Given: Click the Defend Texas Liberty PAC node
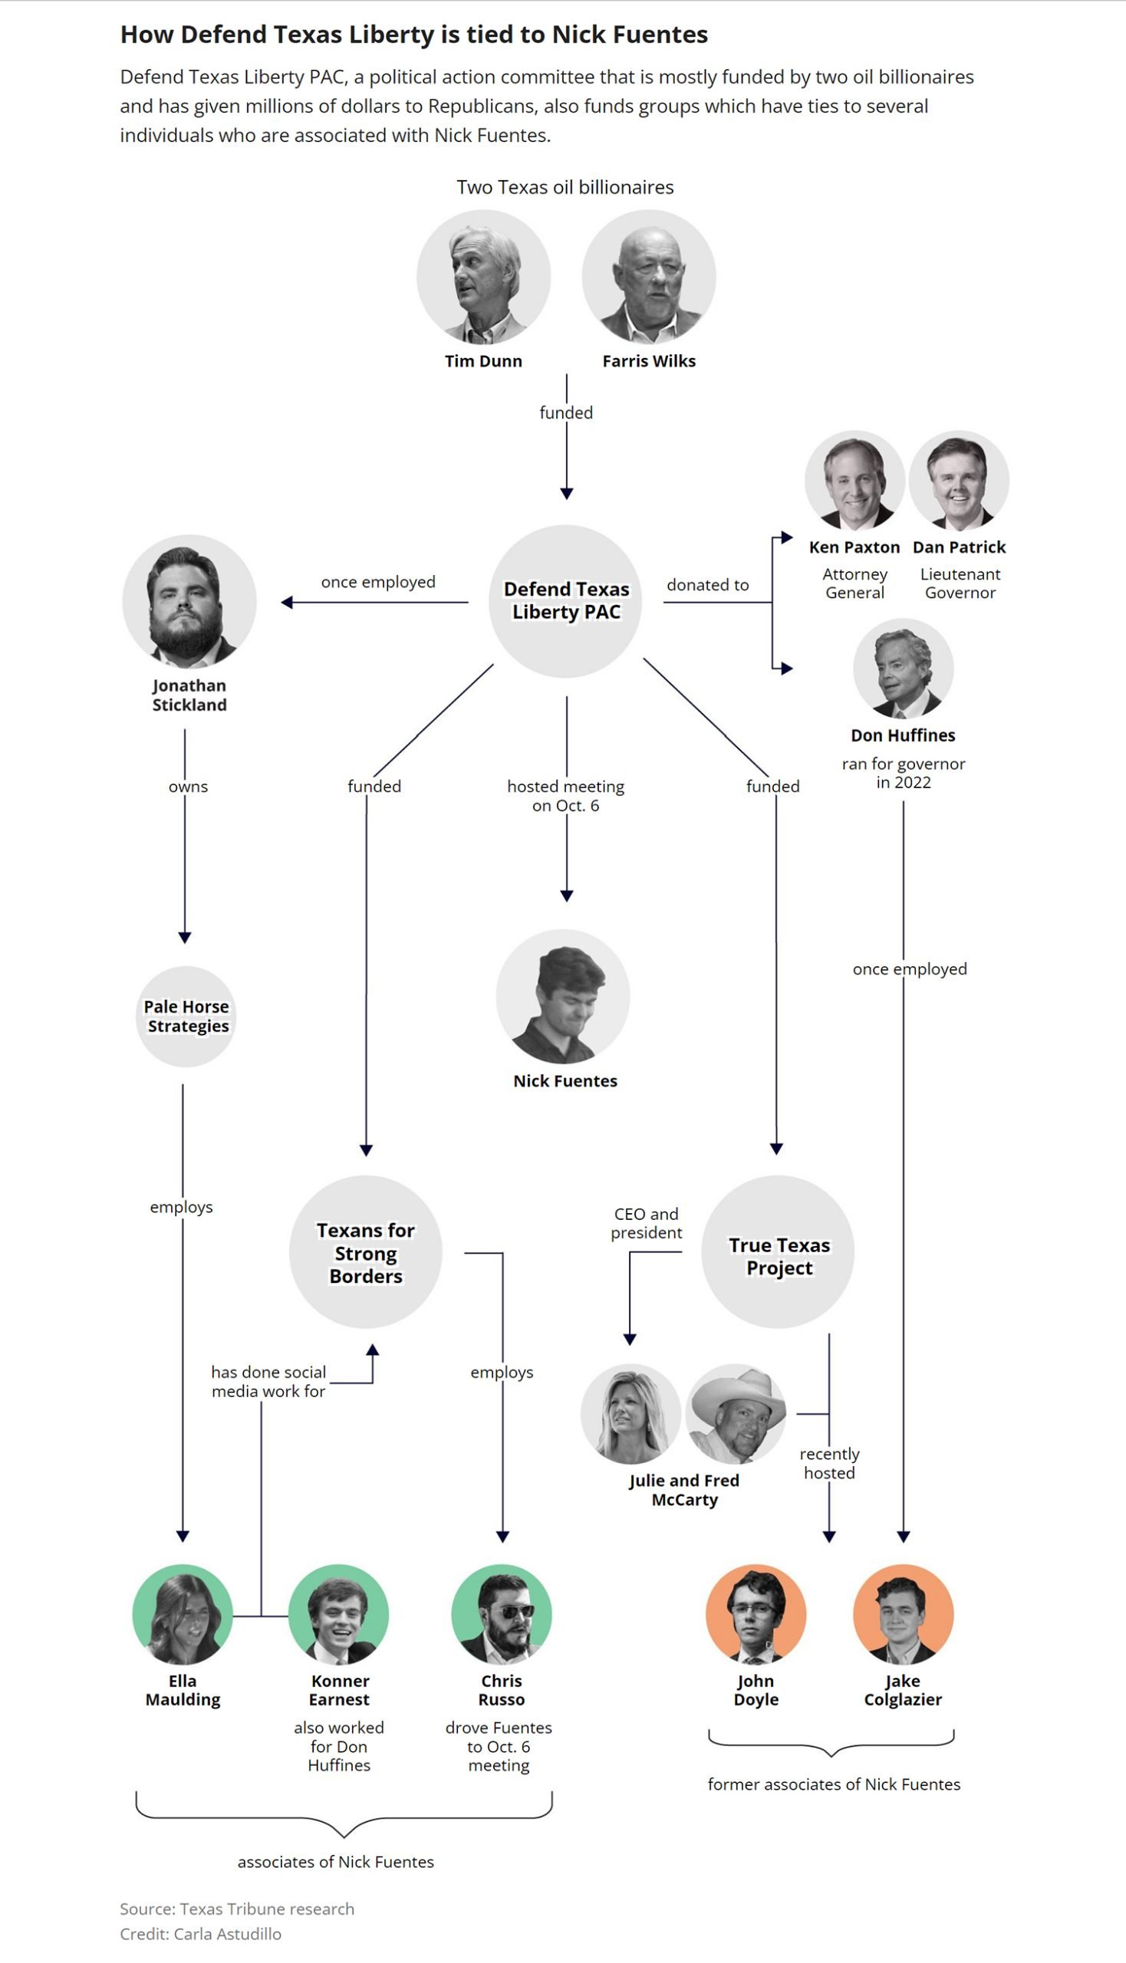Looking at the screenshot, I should click(x=566, y=600).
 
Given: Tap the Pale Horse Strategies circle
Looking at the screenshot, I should click(x=186, y=1016).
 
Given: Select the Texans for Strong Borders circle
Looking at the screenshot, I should click(x=366, y=1251).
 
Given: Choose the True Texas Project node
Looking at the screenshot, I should click(x=778, y=1251).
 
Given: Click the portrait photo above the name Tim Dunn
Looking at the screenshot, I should click(x=483, y=277).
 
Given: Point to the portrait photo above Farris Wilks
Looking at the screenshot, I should click(x=649, y=277).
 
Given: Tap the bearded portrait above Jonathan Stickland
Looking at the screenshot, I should click(x=189, y=601).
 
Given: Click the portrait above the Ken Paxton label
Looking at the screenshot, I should click(x=854, y=480).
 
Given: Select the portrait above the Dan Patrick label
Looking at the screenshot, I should click(x=959, y=480).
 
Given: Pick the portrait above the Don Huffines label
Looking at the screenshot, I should click(x=904, y=668).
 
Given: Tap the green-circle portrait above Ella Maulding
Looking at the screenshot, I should click(x=183, y=1615).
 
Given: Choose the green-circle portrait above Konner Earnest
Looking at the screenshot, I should click(x=339, y=1615).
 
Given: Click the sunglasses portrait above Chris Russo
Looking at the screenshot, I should click(x=502, y=1615).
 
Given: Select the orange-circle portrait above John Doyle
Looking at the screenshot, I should click(x=756, y=1615).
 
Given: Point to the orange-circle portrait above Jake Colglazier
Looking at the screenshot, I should click(x=904, y=1615).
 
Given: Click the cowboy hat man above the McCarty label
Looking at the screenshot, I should click(x=736, y=1414).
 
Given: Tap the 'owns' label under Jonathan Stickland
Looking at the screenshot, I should click(x=188, y=786).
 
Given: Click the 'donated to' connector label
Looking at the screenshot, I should click(x=708, y=585).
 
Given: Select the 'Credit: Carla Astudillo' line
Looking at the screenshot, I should click(x=200, y=1934).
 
